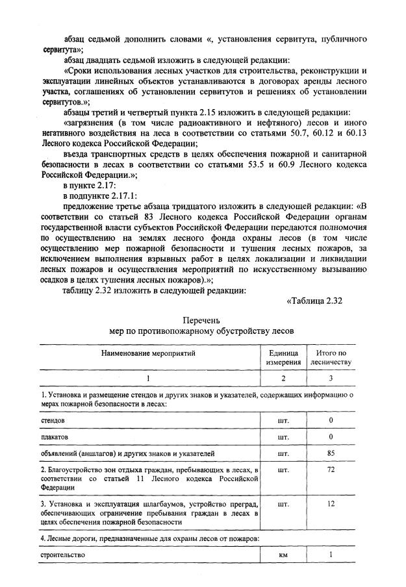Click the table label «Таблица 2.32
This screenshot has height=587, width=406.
(x=314, y=300)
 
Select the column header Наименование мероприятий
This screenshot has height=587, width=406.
(x=148, y=353)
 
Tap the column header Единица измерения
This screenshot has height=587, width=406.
(x=283, y=357)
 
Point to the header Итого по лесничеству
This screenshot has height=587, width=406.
(x=331, y=357)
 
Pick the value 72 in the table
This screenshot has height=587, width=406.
(x=331, y=469)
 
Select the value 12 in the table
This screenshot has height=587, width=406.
(x=331, y=503)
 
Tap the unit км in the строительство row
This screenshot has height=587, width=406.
(x=283, y=555)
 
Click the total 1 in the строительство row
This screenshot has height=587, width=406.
(x=331, y=555)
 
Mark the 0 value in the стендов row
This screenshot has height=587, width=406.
(x=331, y=420)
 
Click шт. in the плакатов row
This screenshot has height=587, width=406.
(x=283, y=436)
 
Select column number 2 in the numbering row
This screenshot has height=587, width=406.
(x=283, y=378)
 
